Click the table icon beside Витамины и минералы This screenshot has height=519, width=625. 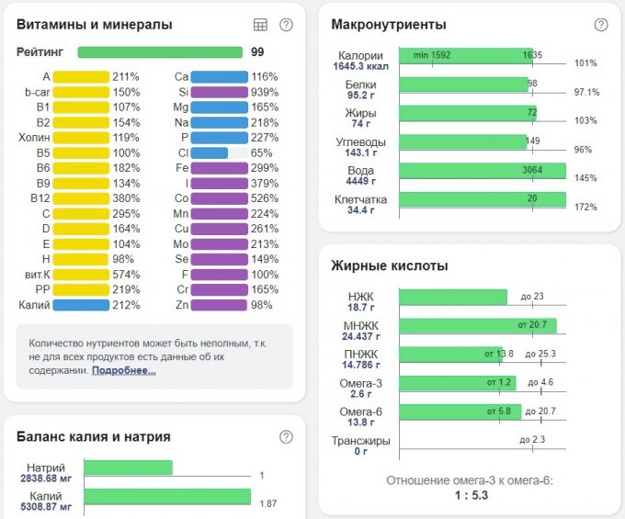click(x=260, y=25)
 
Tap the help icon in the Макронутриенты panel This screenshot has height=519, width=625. click(x=601, y=25)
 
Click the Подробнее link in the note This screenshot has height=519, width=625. click(x=123, y=370)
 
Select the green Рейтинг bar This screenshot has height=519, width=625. click(x=159, y=52)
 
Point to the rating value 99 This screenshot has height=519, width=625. click(x=257, y=52)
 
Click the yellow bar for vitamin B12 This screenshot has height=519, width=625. click(x=81, y=197)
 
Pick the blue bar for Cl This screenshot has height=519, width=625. click(x=210, y=152)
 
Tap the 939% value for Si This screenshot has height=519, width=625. click(x=265, y=92)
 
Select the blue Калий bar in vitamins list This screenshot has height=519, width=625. click(x=81, y=305)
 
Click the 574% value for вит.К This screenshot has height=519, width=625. click(x=125, y=274)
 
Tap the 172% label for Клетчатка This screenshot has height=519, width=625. click(x=585, y=208)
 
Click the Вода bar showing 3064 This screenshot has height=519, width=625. click(x=483, y=172)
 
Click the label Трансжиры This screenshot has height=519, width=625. click(x=361, y=441)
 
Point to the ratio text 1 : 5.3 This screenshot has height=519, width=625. click(x=470, y=496)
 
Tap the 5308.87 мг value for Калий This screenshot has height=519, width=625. click(x=46, y=506)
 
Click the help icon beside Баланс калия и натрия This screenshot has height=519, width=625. click(x=286, y=436)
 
